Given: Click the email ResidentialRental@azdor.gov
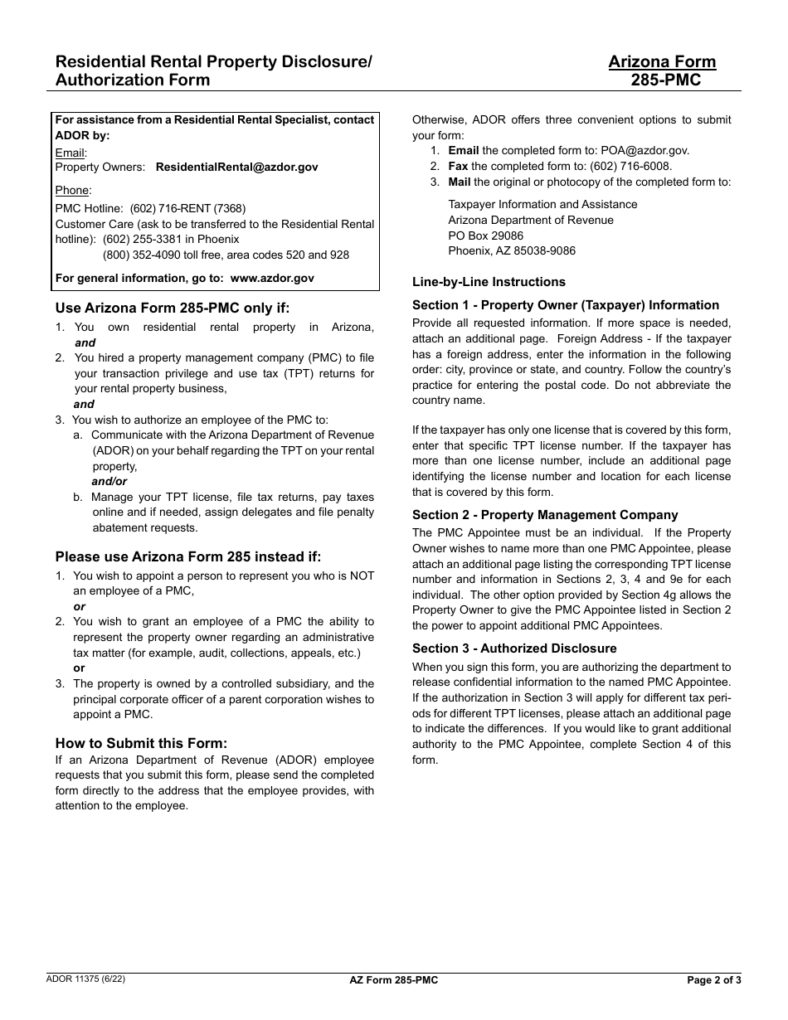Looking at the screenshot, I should [x=236, y=167].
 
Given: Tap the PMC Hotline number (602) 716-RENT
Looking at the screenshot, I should [x=187, y=208].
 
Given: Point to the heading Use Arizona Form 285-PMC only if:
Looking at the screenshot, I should [x=173, y=308].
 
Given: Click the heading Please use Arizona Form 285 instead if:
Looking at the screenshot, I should [x=187, y=556].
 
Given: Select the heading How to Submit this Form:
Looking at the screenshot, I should [x=141, y=743].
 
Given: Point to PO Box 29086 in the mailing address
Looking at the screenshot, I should [x=486, y=236].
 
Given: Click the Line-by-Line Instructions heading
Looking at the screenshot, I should [x=489, y=282].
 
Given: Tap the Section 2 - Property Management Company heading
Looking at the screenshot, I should [x=545, y=515].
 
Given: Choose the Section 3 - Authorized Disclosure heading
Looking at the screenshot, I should [x=514, y=648].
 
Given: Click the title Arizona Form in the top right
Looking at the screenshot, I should [x=661, y=62].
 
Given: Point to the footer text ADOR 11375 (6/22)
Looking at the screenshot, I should [x=86, y=979].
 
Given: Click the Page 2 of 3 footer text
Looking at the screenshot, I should [x=714, y=980].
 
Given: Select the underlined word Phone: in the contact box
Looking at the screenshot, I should [x=73, y=191].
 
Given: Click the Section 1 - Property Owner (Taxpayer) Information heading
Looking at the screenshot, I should [x=566, y=305].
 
